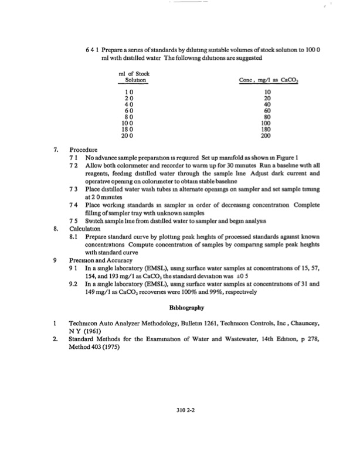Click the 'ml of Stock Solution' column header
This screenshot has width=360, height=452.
(x=132, y=76)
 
